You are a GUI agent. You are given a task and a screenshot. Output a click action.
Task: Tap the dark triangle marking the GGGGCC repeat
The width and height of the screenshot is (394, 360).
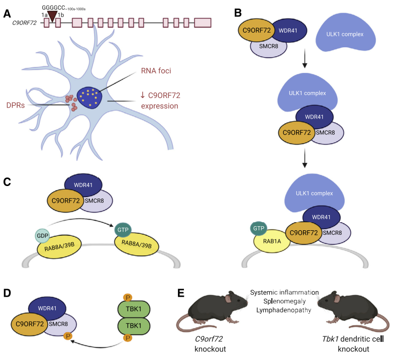pos(52,16)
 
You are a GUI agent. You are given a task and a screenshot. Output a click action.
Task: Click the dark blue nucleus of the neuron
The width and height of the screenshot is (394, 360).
pos(91,97)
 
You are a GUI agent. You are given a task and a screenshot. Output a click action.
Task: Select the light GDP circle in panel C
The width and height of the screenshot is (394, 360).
pos(42,235)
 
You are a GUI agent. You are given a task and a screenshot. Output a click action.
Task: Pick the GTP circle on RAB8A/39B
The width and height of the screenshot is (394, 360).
pos(123,229)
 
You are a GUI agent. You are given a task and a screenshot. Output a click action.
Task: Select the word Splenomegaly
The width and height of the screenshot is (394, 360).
pos(284,302)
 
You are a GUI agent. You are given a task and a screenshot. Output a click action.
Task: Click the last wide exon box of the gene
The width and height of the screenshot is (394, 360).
pos(203,23)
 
